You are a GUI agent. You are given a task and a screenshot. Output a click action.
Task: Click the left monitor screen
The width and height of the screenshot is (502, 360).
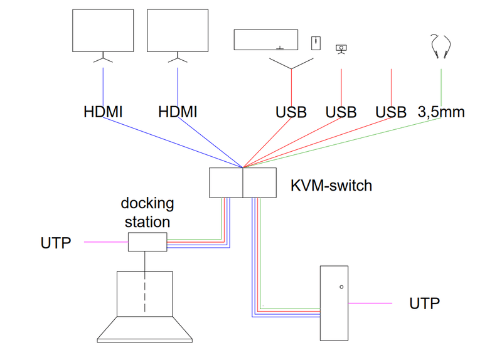[103, 31]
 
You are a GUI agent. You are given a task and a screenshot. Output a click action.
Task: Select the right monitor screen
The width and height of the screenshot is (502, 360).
[178, 31]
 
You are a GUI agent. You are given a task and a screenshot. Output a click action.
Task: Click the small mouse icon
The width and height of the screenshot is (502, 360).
[316, 43]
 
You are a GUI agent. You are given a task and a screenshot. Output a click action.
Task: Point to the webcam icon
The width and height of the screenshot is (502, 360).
[341, 48]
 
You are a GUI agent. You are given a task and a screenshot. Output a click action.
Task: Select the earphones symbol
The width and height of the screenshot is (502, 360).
[440, 46]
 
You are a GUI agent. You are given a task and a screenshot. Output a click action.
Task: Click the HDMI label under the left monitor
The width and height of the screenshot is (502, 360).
[103, 112]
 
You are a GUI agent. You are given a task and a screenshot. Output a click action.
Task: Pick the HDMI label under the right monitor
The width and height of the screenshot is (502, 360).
[178, 112]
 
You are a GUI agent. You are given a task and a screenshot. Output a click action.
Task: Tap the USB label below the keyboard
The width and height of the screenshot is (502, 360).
[291, 112]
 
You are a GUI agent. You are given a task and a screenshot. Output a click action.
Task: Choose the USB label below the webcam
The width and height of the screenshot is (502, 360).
[341, 112]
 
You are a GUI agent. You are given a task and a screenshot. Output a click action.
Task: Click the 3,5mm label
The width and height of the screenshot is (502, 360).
[441, 112]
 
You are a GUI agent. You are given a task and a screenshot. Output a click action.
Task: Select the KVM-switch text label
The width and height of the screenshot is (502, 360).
[331, 186]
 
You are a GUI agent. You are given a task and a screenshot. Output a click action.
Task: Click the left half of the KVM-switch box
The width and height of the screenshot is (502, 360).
[226, 183]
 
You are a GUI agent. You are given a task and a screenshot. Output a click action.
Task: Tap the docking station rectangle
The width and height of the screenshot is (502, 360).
[147, 241]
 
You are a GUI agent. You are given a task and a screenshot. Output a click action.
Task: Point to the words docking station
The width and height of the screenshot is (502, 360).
[147, 213]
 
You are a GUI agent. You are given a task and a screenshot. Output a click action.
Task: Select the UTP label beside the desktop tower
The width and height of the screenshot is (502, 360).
[425, 304]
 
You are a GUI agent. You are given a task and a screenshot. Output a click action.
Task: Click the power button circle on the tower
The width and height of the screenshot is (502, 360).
[341, 287]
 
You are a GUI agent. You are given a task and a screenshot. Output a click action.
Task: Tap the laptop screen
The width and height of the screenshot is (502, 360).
[145, 294]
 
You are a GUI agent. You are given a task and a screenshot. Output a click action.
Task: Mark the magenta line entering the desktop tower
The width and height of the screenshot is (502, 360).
[370, 304]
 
